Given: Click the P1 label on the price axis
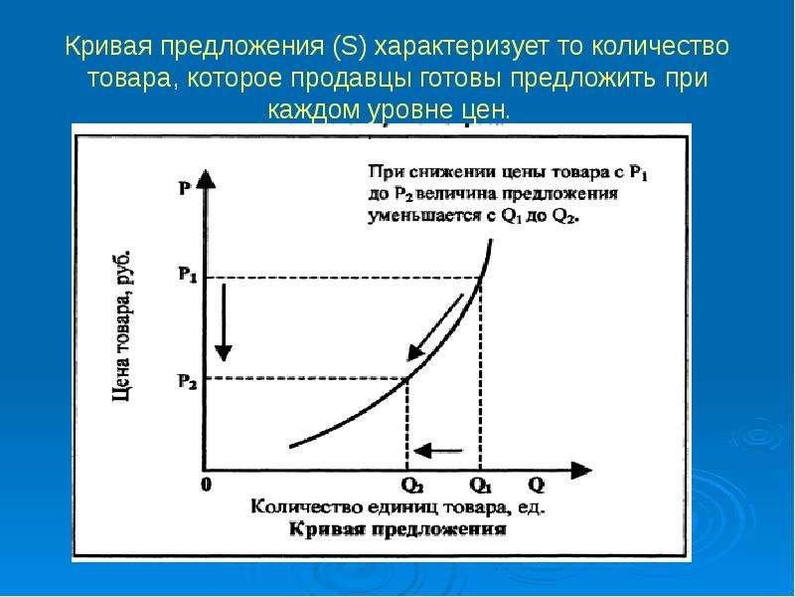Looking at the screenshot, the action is [x=187, y=276].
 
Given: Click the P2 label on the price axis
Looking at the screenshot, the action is [x=187, y=381].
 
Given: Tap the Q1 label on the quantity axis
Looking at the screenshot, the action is [x=481, y=486].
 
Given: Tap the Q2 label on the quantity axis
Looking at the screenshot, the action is [x=412, y=486].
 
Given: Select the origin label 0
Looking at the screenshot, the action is [x=206, y=485].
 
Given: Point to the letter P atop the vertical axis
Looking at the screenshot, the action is [x=185, y=188].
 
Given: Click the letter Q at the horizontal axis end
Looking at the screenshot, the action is [x=536, y=486].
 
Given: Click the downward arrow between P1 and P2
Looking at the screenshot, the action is [x=223, y=322].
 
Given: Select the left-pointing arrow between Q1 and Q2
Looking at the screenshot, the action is [x=438, y=451].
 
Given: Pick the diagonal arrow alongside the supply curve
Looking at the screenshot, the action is [x=435, y=327].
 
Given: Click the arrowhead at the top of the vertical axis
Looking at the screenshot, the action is [x=205, y=179].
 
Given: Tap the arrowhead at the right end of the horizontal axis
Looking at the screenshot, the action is [x=581, y=471].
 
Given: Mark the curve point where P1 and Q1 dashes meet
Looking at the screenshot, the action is [x=481, y=278].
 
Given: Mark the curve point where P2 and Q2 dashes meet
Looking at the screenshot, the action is [x=407, y=377].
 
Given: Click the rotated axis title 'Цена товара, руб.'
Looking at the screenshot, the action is [x=121, y=326].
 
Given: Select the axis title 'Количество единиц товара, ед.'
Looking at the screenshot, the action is [x=398, y=507].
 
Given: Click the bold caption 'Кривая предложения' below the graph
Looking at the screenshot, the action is [x=398, y=529].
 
